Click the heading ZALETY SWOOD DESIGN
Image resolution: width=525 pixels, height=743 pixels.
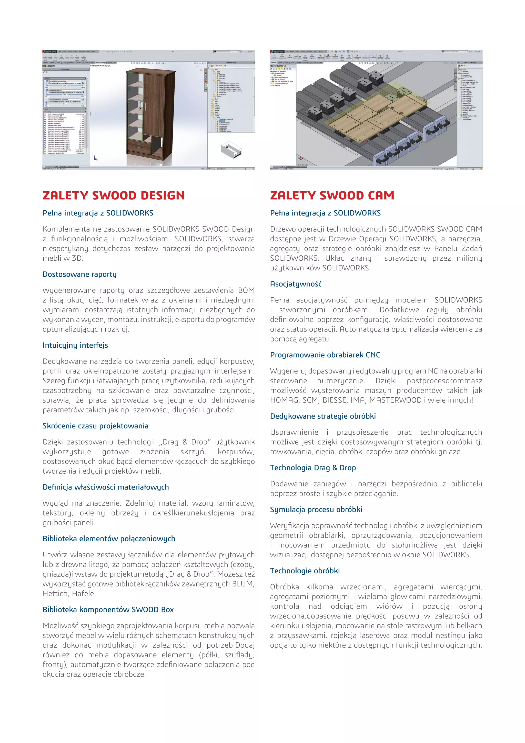(114, 195)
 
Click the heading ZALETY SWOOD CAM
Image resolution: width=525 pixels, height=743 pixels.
(332, 195)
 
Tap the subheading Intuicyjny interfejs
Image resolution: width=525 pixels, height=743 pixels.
(75, 345)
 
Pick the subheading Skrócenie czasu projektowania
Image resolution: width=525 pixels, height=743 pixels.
(95, 426)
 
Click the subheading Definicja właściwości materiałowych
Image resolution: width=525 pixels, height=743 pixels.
(106, 487)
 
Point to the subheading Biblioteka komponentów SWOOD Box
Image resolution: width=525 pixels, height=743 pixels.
(108, 609)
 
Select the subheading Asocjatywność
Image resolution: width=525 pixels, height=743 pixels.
(296, 284)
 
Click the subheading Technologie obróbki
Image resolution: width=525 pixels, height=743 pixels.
(305, 571)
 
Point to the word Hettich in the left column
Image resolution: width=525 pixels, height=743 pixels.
(55, 593)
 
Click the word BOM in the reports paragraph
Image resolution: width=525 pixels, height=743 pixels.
(246, 290)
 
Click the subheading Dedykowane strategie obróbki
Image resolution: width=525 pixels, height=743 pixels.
(323, 416)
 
